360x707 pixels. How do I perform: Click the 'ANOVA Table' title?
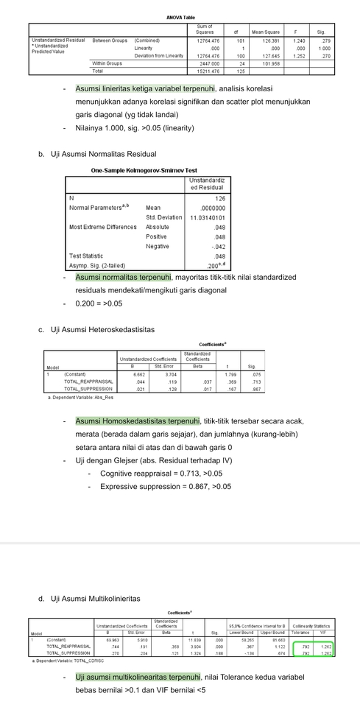pyautogui.click(x=180, y=17)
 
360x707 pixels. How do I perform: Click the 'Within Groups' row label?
pyautogui.click(x=109, y=63)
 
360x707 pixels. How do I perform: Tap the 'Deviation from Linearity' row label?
pyautogui.click(x=159, y=56)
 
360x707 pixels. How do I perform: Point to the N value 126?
pyautogui.click(x=219, y=198)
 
